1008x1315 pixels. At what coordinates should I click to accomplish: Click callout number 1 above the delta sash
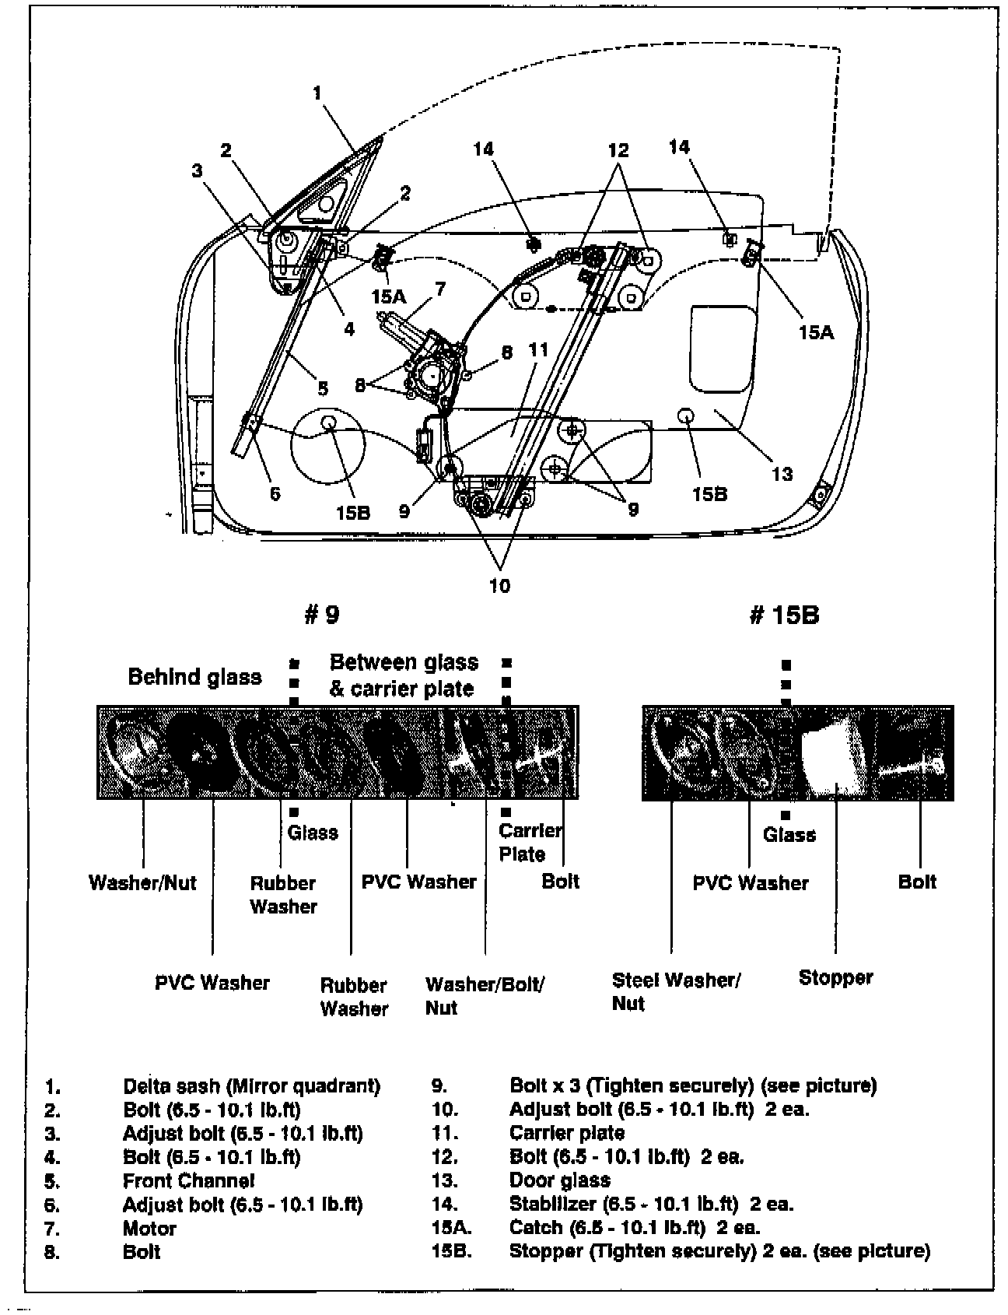(317, 93)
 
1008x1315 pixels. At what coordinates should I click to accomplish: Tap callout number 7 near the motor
(440, 289)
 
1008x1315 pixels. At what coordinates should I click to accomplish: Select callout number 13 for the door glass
(782, 473)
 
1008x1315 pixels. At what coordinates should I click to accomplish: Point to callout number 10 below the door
(499, 585)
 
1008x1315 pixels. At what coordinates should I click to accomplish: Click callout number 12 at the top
(618, 150)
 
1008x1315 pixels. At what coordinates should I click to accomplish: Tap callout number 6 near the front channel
(275, 493)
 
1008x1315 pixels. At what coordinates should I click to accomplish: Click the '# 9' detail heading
(321, 615)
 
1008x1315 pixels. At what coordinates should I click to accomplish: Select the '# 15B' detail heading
(783, 615)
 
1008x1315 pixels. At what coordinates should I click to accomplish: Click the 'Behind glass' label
(194, 677)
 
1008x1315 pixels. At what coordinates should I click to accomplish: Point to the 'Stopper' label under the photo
(835, 977)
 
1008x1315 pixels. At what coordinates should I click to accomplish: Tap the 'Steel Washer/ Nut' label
(676, 991)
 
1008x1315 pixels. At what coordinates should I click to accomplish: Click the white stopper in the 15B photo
(835, 752)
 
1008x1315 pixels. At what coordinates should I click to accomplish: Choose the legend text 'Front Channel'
(188, 1180)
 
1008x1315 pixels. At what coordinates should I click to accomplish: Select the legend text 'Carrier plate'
(567, 1133)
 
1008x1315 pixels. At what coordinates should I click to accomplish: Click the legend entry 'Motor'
(149, 1229)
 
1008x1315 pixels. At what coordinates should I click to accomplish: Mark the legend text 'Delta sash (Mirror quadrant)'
(251, 1085)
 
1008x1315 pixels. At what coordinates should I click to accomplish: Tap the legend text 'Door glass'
(559, 1180)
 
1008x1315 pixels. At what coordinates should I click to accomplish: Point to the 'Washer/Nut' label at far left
(142, 882)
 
